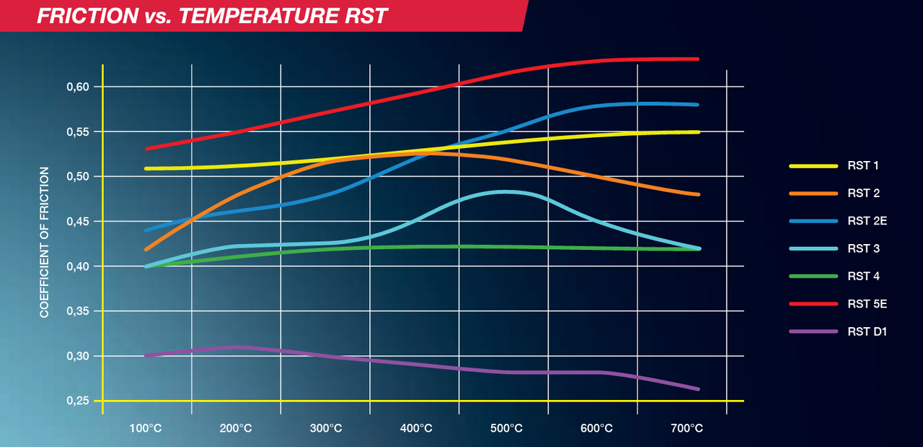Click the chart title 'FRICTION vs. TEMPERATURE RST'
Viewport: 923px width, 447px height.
click(x=213, y=15)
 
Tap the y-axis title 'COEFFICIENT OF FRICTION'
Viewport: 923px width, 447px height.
click(x=45, y=243)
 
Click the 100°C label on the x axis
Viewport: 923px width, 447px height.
click(x=146, y=428)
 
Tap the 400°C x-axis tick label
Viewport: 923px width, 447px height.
click(x=415, y=428)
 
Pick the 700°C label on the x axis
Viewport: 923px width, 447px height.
click(x=686, y=428)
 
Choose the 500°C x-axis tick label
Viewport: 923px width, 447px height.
click(x=505, y=428)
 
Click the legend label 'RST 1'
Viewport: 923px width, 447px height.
click(x=863, y=166)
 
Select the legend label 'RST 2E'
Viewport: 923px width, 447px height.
click(x=867, y=221)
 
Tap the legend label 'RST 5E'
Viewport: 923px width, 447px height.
click(x=867, y=304)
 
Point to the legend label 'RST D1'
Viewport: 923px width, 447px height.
click(x=867, y=331)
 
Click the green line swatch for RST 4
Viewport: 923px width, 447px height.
click(x=813, y=277)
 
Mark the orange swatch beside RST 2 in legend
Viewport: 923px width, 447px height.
click(x=813, y=194)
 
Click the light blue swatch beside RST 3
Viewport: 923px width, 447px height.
click(x=813, y=249)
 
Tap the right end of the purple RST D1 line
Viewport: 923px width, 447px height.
click(x=698, y=389)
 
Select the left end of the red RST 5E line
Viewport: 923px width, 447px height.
click(x=146, y=149)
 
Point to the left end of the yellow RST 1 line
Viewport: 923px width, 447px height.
click(x=146, y=168)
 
